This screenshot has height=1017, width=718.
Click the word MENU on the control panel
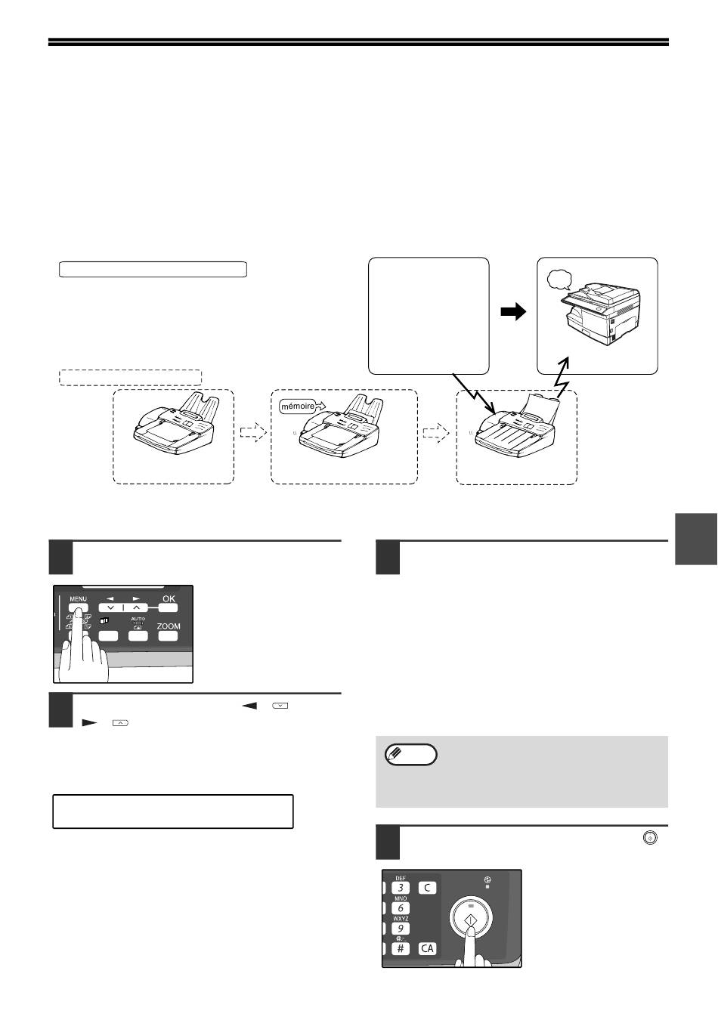[78, 599]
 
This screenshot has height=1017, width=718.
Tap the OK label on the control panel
[169, 599]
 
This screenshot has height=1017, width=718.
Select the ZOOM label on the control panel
[169, 626]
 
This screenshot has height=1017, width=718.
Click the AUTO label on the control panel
[138, 619]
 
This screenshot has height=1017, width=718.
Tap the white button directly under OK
[168, 608]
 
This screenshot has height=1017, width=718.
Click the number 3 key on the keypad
[400, 888]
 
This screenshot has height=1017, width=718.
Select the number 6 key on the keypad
[400, 908]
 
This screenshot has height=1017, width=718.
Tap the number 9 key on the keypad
[400, 929]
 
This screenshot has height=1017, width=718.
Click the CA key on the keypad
[427, 948]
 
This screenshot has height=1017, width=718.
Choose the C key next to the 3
[427, 888]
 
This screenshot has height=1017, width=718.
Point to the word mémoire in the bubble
[298, 406]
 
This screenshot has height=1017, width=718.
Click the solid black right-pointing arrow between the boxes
[513, 312]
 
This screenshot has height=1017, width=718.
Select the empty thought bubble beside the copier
[559, 280]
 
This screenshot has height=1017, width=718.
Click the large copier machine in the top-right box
[601, 314]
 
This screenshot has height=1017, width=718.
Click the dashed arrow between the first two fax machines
[253, 431]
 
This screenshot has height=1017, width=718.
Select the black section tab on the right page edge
[696, 539]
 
